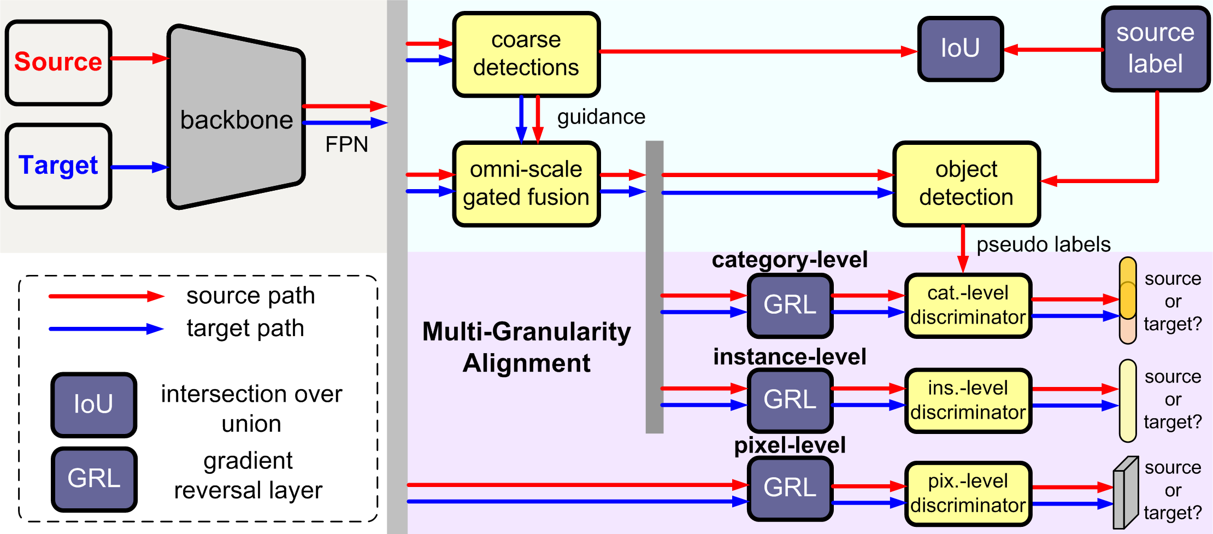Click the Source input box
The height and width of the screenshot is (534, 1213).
(x=58, y=62)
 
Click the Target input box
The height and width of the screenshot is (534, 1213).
(x=58, y=166)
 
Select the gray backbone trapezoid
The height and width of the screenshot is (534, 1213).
(x=236, y=118)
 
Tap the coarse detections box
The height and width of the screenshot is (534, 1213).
(x=526, y=54)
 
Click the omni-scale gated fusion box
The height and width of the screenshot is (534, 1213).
(x=526, y=184)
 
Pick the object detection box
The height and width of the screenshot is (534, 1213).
(x=966, y=184)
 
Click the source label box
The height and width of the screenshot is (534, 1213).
(x=1155, y=49)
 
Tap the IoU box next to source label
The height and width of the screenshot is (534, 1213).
(x=960, y=49)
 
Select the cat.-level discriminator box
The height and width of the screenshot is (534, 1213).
(x=968, y=306)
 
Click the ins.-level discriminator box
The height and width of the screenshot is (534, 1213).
(x=968, y=401)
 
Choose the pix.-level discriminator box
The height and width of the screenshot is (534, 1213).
(x=968, y=494)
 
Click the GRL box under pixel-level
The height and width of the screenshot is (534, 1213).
(x=790, y=488)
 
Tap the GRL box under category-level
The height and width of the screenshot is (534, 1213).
(x=790, y=306)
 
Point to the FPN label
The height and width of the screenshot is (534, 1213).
(x=346, y=145)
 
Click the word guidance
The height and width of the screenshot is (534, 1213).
(x=601, y=117)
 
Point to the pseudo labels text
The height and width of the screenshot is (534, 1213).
(x=1043, y=244)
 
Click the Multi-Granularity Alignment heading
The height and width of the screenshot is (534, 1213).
(x=526, y=348)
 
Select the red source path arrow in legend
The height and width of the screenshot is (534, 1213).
(x=106, y=296)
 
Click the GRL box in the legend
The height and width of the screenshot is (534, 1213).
(x=94, y=479)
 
